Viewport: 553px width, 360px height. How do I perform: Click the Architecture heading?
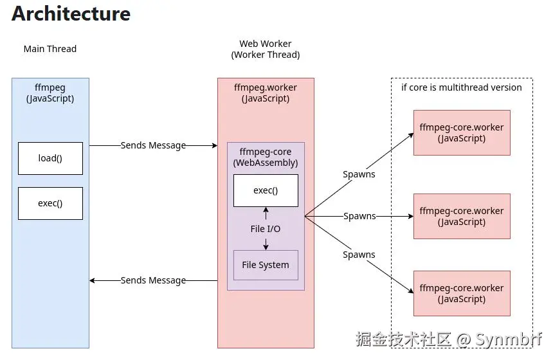[71, 14]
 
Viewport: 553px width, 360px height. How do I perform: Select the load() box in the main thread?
[50, 158]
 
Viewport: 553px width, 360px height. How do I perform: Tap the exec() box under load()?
[50, 203]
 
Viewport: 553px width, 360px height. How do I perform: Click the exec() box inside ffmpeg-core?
[266, 190]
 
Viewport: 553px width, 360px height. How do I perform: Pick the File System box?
[266, 265]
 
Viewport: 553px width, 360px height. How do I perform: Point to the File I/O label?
[266, 229]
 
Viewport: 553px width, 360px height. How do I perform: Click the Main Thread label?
[50, 49]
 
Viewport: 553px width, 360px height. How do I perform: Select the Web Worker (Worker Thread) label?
[266, 50]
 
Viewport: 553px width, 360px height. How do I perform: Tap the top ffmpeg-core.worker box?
[461, 132]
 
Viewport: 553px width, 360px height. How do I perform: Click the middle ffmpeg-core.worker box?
[461, 216]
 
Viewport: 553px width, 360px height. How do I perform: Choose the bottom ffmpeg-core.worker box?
[461, 293]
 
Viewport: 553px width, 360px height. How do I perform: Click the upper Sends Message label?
[153, 145]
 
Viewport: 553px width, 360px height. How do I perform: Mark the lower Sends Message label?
[153, 280]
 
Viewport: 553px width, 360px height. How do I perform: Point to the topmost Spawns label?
[359, 174]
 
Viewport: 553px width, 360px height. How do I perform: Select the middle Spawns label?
[359, 216]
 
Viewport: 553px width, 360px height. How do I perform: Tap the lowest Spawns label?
[359, 255]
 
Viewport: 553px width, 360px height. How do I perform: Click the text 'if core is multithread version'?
[462, 87]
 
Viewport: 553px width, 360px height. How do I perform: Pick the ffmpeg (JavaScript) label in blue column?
[50, 93]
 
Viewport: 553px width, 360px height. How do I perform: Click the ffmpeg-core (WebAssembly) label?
[266, 157]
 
